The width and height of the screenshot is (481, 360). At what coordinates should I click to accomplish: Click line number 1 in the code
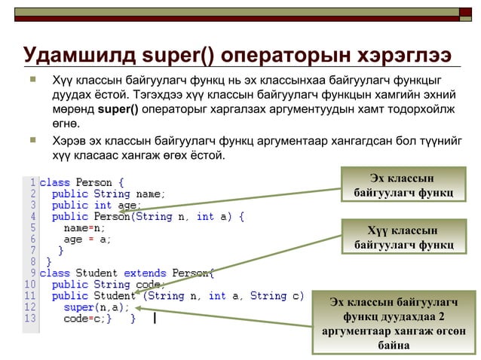pyautogui.click(x=32, y=182)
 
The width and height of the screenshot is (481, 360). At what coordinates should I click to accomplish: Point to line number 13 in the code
pyautogui.click(x=30, y=319)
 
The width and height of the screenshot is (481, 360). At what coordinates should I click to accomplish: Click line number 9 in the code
pyautogui.click(x=32, y=273)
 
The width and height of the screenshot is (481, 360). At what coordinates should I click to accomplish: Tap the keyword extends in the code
pyautogui.click(x=146, y=273)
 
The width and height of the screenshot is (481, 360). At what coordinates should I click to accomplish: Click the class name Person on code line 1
pyautogui.click(x=94, y=182)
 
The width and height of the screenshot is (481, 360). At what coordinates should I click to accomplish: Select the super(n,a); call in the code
pyautogui.click(x=97, y=307)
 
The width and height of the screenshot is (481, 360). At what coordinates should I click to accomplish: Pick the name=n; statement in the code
pyautogui.click(x=84, y=227)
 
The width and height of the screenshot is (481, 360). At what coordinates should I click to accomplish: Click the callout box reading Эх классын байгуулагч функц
pyautogui.click(x=403, y=186)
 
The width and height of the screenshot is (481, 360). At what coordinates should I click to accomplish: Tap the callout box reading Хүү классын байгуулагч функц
pyautogui.click(x=403, y=237)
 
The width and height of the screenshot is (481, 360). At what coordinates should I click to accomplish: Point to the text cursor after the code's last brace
pyautogui.click(x=154, y=319)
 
